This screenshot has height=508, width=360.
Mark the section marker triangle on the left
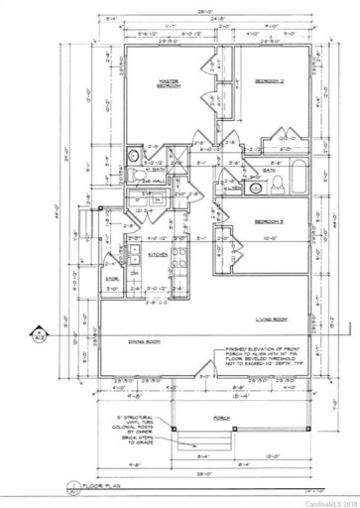pos(36,334)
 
